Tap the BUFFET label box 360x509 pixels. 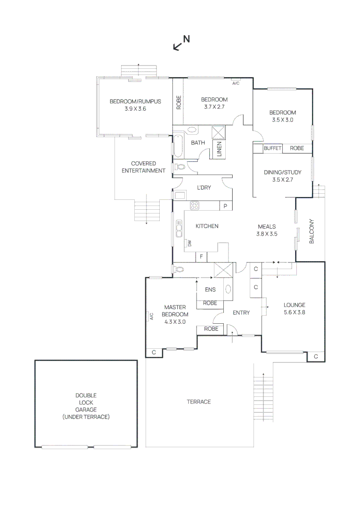point(272,148)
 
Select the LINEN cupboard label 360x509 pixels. point(219,149)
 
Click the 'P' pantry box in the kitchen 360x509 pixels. point(226,206)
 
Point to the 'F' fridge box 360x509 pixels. point(202,257)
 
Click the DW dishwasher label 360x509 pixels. point(190,243)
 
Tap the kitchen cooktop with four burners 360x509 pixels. point(194,205)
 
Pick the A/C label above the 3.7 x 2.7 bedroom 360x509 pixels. point(236,83)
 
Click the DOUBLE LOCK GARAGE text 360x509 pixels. point(85,406)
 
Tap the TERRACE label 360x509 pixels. point(199,402)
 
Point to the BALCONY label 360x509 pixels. point(311,231)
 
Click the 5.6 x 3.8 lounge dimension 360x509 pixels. point(295,312)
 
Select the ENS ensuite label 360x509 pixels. point(210,290)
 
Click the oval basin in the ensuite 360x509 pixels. point(228,289)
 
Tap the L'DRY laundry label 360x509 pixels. point(204,188)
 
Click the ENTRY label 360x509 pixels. point(241,312)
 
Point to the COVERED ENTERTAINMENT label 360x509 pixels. point(143,167)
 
